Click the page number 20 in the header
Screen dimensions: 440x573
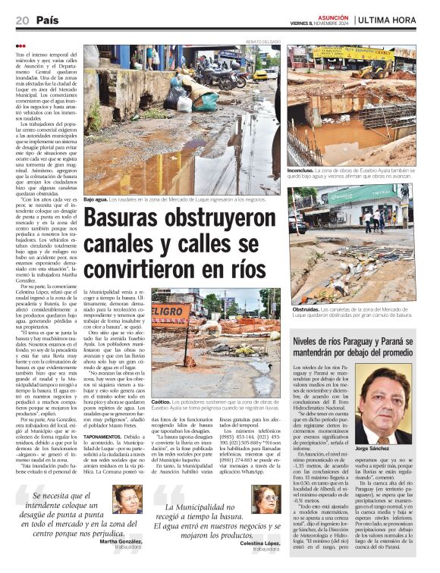click(x=21, y=20)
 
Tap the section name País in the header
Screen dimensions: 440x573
click(x=46, y=20)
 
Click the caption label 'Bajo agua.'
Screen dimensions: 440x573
click(x=96, y=199)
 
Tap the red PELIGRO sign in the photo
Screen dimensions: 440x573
click(x=168, y=313)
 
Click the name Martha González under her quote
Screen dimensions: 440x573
click(x=124, y=541)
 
